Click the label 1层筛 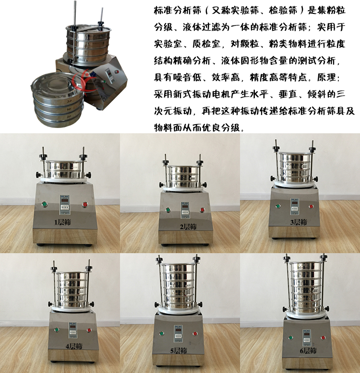pyautogui.click(x=62, y=222)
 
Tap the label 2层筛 pyautogui.click(x=188, y=227)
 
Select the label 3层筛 pyautogui.click(x=299, y=222)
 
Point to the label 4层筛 pyautogui.click(x=74, y=346)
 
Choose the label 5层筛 pyautogui.click(x=179, y=350)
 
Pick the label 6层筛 pyautogui.click(x=308, y=350)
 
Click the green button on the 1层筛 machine pyautogui.click(x=44, y=204)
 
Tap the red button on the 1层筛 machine pyautogui.click(x=85, y=204)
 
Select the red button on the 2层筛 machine pyautogui.click(x=202, y=210)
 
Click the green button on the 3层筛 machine pyautogui.click(x=278, y=206)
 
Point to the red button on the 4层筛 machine pyautogui.click(x=89, y=330)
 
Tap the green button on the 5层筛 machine pyautogui.click(x=161, y=333)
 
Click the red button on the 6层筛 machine pyautogui.click(x=323, y=338)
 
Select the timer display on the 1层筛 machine pyautogui.click(x=64, y=204)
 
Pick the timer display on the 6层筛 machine pyautogui.click(x=307, y=338)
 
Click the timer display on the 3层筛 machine pyautogui.click(x=295, y=206)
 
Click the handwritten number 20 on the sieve pyautogui.click(x=69, y=101)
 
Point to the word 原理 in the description pyautogui.click(x=326, y=77)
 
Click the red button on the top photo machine pyautogui.click(x=117, y=71)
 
